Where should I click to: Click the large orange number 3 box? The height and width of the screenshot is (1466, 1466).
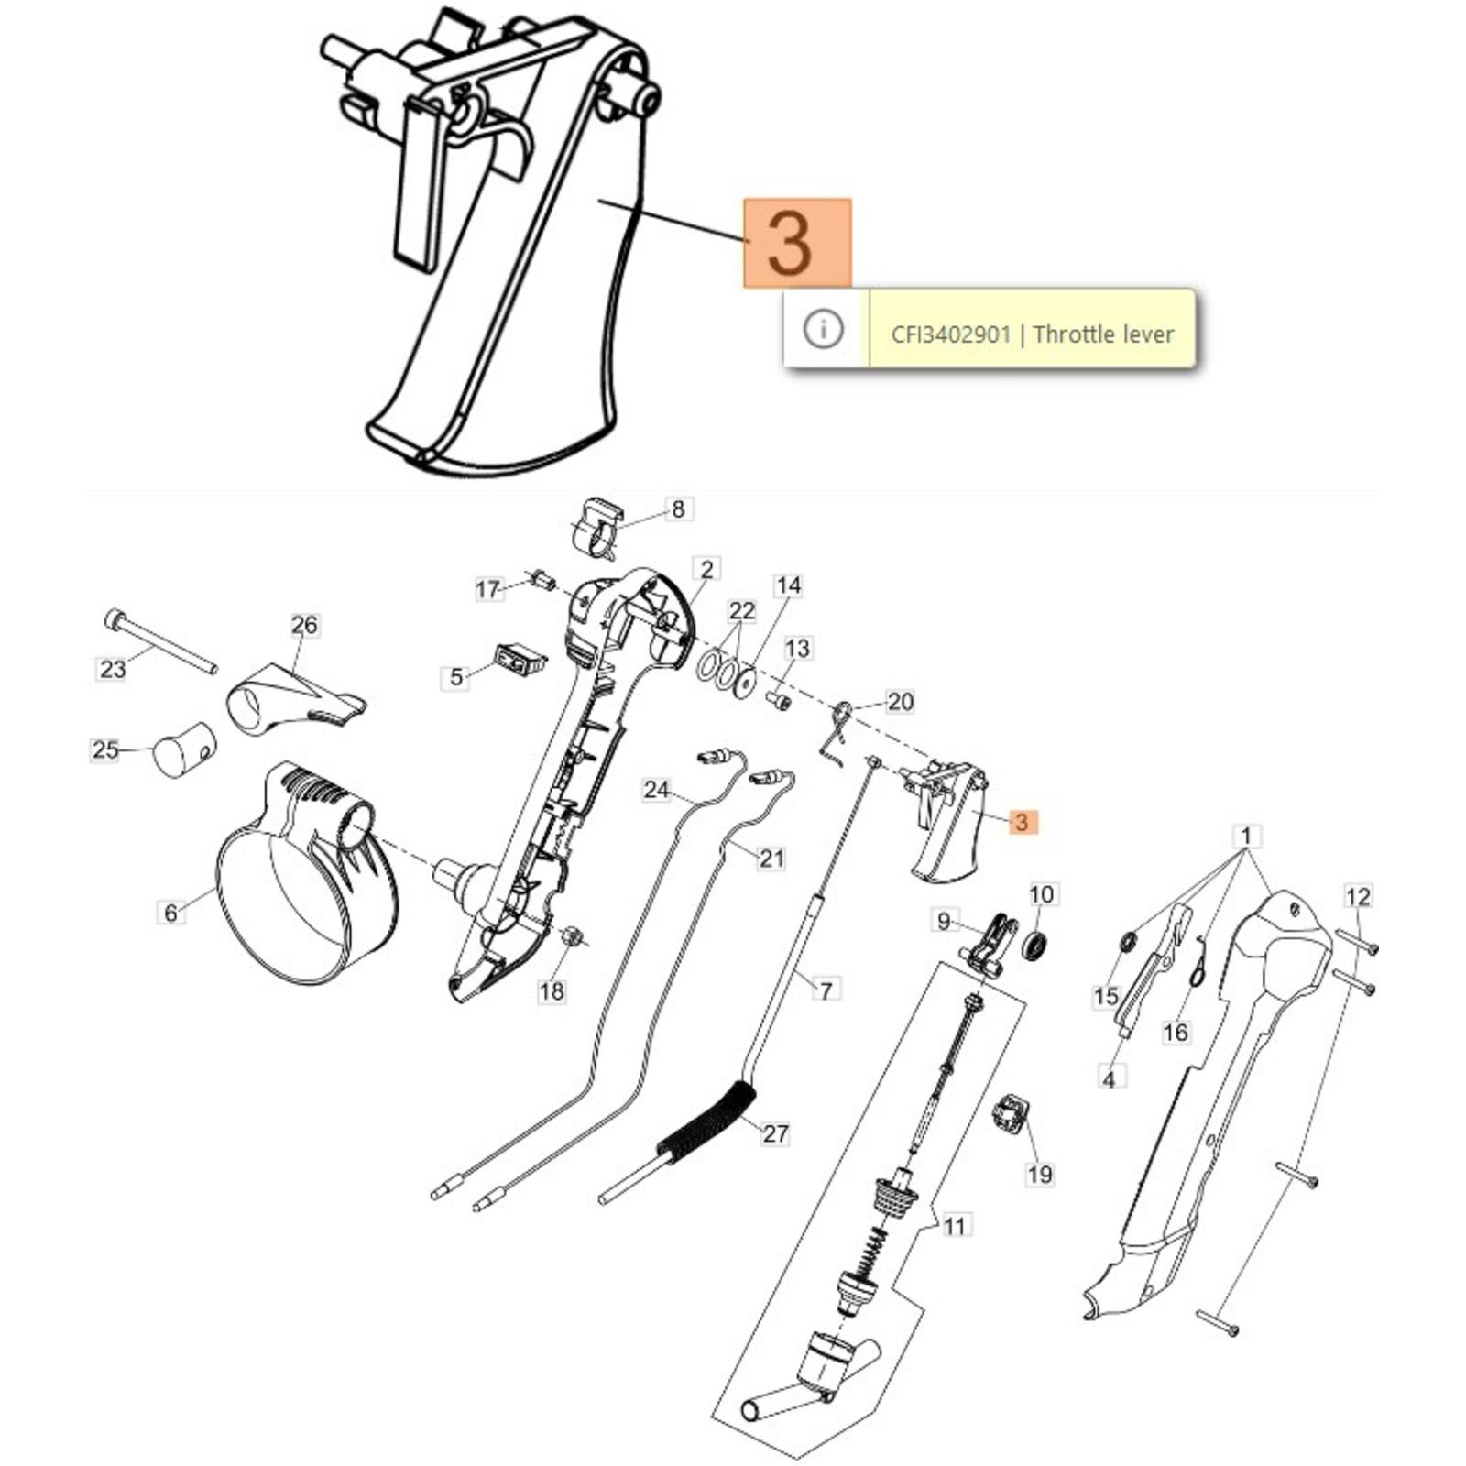point(797,243)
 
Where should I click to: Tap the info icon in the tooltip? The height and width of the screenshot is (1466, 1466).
point(823,328)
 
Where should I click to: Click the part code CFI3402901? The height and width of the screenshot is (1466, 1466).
point(950,334)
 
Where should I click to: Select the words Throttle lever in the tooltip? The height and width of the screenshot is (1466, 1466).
point(1103,334)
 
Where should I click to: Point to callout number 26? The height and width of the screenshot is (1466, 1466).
point(304,625)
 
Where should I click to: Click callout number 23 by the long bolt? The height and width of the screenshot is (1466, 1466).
point(113,669)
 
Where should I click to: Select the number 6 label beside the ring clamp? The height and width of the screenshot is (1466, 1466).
point(170,913)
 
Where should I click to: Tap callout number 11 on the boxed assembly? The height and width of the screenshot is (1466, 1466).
point(955,1226)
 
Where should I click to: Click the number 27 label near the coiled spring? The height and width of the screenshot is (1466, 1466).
point(775,1133)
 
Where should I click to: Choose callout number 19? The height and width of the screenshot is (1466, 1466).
point(1039,1174)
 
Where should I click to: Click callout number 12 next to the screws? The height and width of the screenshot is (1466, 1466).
point(1358,896)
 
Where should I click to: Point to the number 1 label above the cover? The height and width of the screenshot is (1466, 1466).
point(1245,837)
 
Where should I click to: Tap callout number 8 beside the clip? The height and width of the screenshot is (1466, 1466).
point(678,509)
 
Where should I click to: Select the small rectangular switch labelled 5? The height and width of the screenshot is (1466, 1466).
point(520,659)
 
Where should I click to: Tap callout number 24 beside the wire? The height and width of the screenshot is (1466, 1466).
point(657,789)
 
